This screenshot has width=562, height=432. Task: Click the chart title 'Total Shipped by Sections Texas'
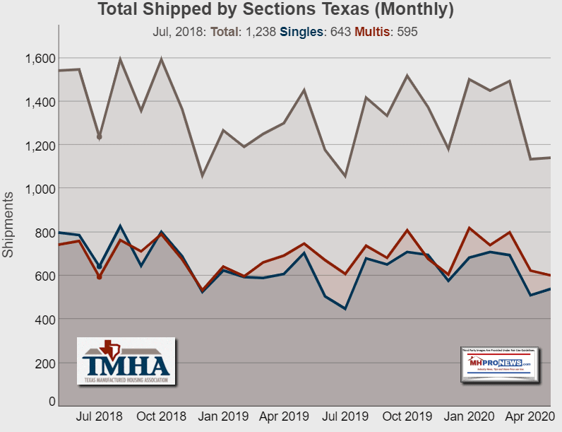click(x=275, y=11)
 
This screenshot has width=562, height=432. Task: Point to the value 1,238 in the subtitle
click(x=251, y=32)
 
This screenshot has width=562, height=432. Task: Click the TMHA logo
click(x=126, y=361)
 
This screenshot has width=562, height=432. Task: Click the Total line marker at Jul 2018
click(x=100, y=136)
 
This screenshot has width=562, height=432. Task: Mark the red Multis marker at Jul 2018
click(x=100, y=277)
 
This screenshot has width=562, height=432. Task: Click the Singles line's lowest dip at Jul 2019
click(x=345, y=309)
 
